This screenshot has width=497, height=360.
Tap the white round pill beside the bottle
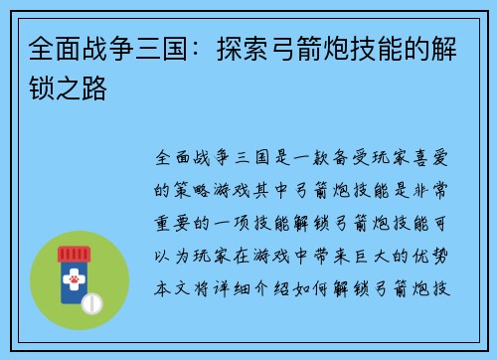(91, 302)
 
